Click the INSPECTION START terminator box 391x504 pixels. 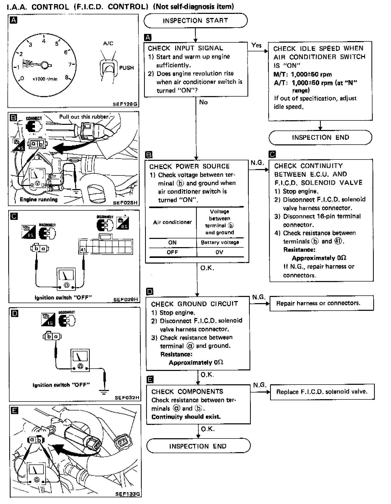pyautogui.click(x=195, y=21)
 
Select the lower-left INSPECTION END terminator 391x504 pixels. pyautogui.click(x=198, y=446)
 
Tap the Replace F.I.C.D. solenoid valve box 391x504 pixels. pyautogui.click(x=322, y=392)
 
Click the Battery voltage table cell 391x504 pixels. pyautogui.click(x=220, y=242)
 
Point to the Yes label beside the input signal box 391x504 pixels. pyautogui.click(x=256, y=45)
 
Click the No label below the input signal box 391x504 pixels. pyautogui.click(x=203, y=102)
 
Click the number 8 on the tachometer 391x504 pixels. pyautogui.click(x=67, y=77)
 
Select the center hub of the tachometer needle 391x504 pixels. pyautogui.click(x=45, y=65)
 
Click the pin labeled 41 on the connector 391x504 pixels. pyautogui.click(x=83, y=250)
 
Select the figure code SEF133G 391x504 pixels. pyautogui.click(x=128, y=494)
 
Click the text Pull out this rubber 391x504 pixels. pyautogui.click(x=84, y=117)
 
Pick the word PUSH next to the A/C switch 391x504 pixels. pyautogui.click(x=127, y=68)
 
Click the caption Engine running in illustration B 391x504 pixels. pyautogui.click(x=39, y=200)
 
